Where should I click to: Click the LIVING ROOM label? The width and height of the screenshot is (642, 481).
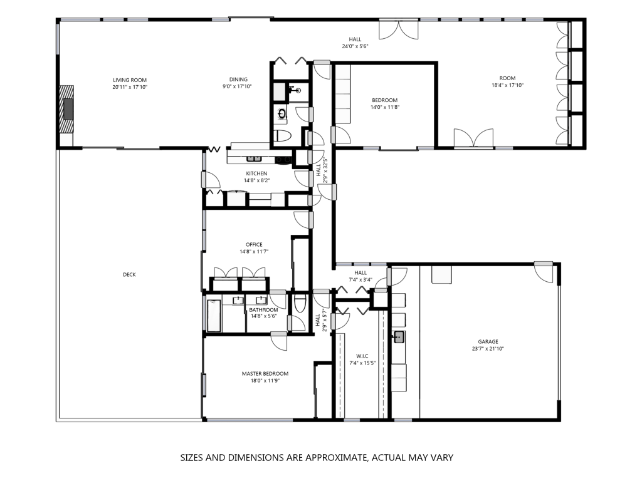click(130, 80)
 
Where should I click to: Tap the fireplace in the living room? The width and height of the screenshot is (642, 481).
click(67, 109)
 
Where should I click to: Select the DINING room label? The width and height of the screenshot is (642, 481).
click(238, 80)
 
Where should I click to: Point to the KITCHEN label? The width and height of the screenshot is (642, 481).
click(256, 173)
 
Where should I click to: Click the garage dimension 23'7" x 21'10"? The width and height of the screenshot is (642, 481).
click(488, 349)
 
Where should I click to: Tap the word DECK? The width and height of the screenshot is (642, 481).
click(129, 274)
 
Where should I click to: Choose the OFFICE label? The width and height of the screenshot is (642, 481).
click(255, 245)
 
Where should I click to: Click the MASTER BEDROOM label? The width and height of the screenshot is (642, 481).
click(265, 373)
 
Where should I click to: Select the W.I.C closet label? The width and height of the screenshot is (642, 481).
click(362, 356)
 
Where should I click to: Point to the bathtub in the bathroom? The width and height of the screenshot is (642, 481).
click(214, 316)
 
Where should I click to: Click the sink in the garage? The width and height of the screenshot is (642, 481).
click(398, 338)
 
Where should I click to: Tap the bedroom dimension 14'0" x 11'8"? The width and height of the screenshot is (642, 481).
click(385, 107)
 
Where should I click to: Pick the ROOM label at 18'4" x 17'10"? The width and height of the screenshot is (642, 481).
click(507, 78)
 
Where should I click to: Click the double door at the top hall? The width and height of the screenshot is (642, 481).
click(398, 29)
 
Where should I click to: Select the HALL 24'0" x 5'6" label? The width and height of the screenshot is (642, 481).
click(355, 43)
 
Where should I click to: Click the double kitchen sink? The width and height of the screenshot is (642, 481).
click(254, 158)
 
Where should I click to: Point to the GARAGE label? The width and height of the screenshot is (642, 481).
click(488, 341)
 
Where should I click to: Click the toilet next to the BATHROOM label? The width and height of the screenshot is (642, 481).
click(300, 303)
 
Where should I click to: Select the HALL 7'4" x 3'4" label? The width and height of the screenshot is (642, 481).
click(360, 276)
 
